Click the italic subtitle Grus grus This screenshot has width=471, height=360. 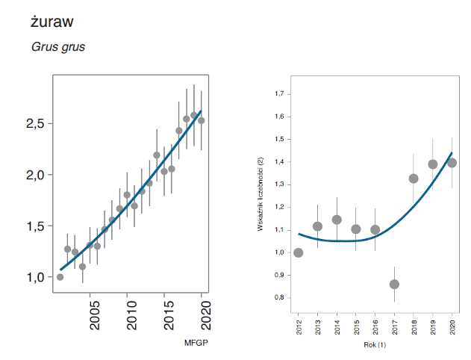(58, 46)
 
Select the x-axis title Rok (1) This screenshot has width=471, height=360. (374, 344)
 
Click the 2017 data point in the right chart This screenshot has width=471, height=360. (394, 284)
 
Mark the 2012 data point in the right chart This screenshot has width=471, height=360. (299, 252)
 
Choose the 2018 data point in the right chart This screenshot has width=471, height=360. (414, 179)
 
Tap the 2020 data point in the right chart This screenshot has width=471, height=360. (452, 163)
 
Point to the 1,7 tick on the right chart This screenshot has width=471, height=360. (281, 94)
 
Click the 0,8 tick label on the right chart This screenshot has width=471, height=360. (281, 297)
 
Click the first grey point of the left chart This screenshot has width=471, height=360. (60, 277)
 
